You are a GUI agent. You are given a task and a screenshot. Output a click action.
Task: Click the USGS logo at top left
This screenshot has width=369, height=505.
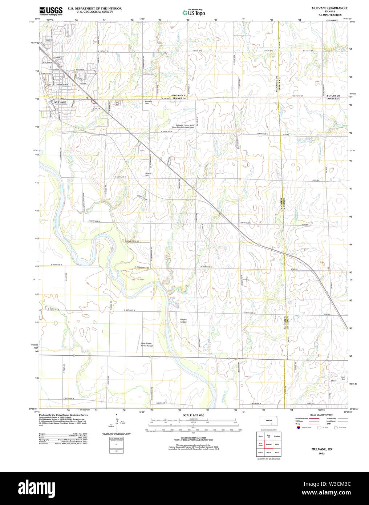(51, 11)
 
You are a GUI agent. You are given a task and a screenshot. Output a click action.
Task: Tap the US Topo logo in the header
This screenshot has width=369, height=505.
(194, 13)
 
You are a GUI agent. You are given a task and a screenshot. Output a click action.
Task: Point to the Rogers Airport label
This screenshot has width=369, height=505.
(183, 320)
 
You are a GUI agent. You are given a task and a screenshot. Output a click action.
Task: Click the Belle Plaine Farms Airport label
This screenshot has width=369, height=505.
(147, 344)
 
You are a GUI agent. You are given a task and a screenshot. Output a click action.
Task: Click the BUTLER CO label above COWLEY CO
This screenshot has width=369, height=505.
(333, 96)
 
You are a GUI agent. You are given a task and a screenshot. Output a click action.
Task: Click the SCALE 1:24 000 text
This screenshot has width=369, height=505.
(193, 415)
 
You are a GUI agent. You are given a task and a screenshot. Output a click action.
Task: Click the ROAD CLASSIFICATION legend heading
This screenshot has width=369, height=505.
(321, 415)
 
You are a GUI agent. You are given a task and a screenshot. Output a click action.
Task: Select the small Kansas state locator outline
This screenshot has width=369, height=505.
(269, 421)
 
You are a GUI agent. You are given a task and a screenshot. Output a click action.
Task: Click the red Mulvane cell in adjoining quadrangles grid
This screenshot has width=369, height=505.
(269, 444)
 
